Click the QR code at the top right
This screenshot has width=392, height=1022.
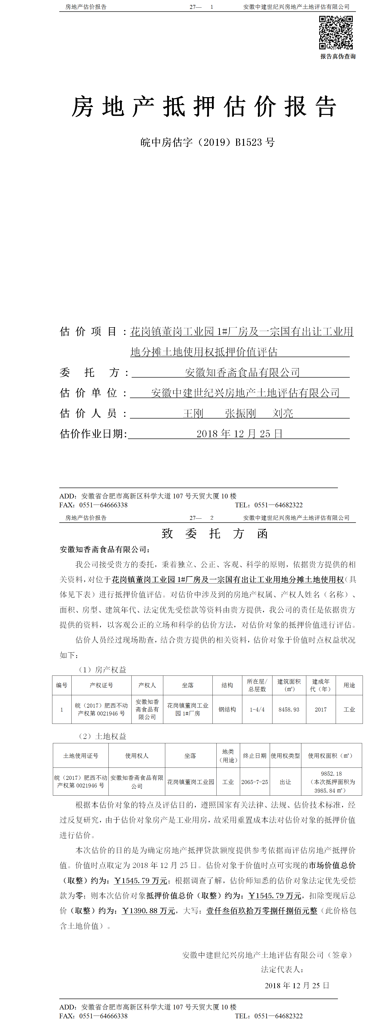[x=336, y=33]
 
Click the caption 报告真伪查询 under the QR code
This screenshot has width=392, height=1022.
[x=338, y=56]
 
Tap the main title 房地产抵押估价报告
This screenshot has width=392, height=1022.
[x=204, y=107]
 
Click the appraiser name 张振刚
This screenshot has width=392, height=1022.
[x=240, y=413]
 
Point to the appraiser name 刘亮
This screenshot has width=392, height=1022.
[x=283, y=413]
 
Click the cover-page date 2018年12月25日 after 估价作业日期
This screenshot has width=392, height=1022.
[x=239, y=434]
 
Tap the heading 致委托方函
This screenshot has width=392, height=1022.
[x=215, y=534]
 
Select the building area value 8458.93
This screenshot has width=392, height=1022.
[x=289, y=709]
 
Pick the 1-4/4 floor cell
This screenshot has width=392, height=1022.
[x=257, y=709]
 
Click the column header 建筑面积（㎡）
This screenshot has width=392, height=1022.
[x=289, y=685]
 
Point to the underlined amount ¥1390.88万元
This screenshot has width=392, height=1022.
[x=148, y=911]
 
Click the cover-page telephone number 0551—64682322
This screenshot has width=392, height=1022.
[x=278, y=505]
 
